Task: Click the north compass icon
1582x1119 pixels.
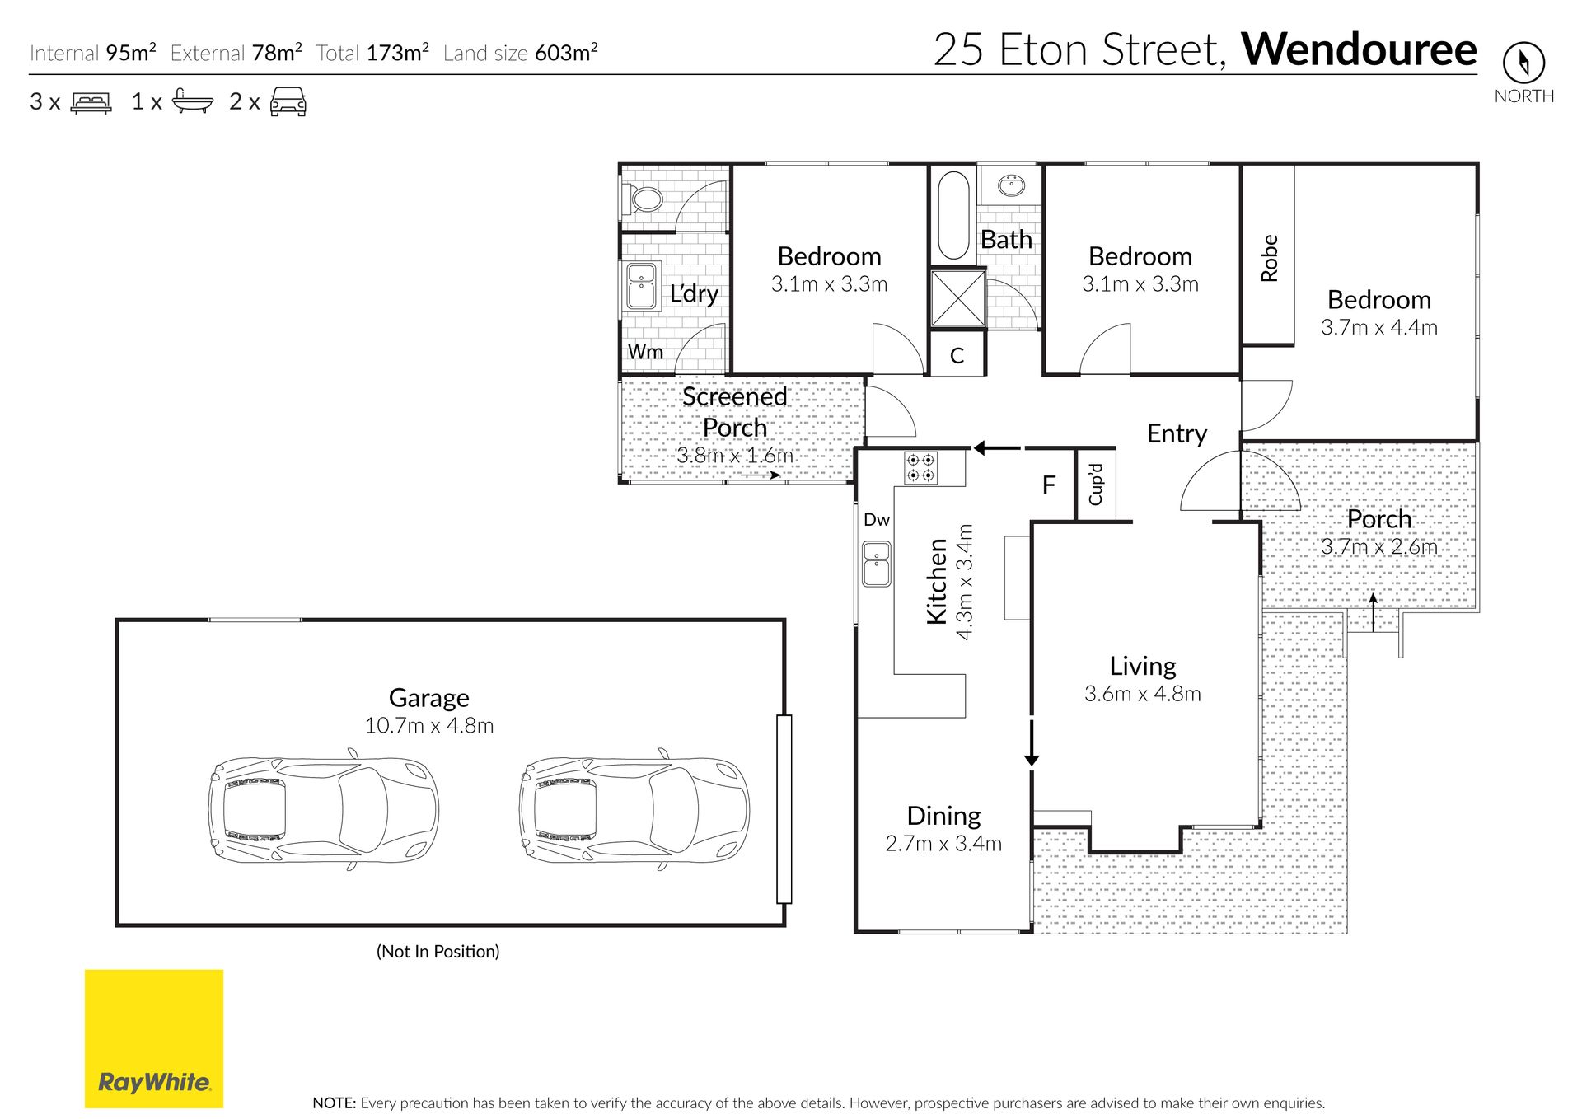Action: pyautogui.click(x=1523, y=62)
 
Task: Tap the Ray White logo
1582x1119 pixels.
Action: pyautogui.click(x=154, y=1038)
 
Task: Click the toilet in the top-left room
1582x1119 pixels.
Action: pyautogui.click(x=644, y=199)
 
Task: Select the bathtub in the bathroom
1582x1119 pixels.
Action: pyautogui.click(x=953, y=216)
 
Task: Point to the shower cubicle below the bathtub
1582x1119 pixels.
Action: pyautogui.click(x=957, y=297)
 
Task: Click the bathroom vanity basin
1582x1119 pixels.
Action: pyautogui.click(x=1010, y=185)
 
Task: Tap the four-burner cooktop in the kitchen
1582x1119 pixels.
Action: pyautogui.click(x=921, y=468)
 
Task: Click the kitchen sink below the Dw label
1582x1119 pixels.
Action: pyautogui.click(x=877, y=564)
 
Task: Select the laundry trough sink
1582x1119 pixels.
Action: pyautogui.click(x=641, y=286)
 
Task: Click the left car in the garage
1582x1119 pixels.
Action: pyautogui.click(x=323, y=809)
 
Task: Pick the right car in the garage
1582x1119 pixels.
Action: pyautogui.click(x=634, y=809)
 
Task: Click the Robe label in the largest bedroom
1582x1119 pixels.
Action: pyautogui.click(x=1269, y=258)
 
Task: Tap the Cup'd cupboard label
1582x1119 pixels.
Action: pyautogui.click(x=1095, y=485)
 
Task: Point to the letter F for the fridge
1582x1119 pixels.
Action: pyautogui.click(x=1049, y=485)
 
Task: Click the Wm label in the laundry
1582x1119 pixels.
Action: pyautogui.click(x=645, y=352)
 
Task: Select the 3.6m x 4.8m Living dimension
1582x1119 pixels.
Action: pyautogui.click(x=1142, y=694)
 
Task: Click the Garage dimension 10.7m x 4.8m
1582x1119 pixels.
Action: pyautogui.click(x=429, y=725)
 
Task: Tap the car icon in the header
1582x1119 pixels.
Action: pyautogui.click(x=288, y=101)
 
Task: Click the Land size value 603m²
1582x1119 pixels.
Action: pyautogui.click(x=566, y=53)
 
